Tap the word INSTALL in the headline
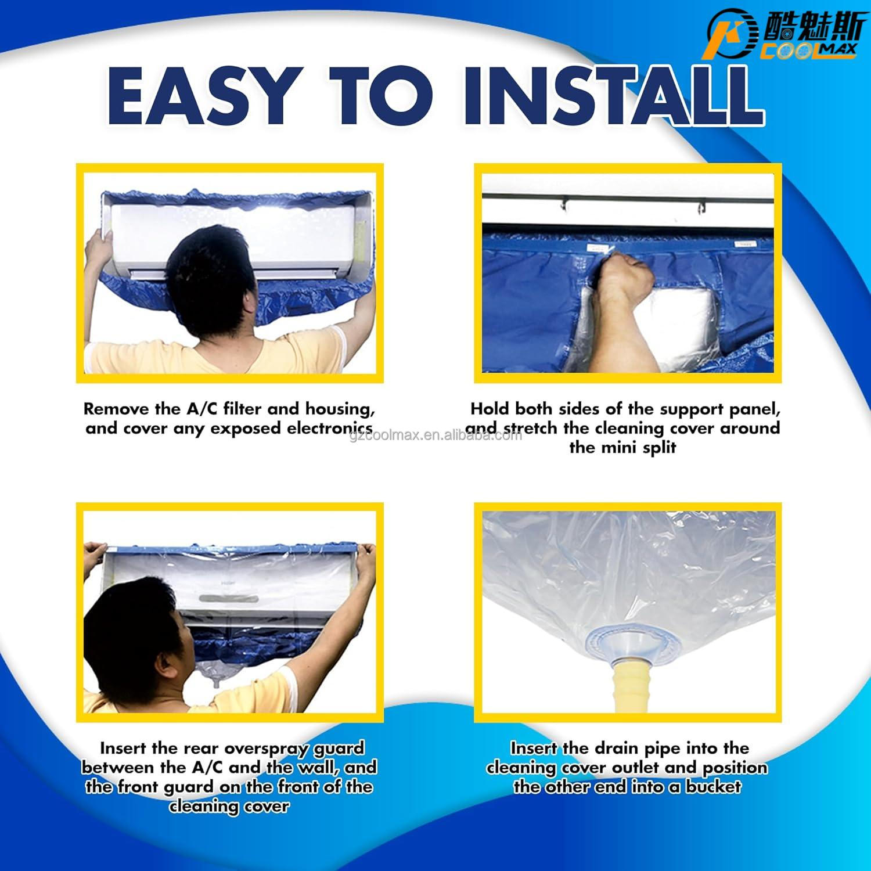coord(612,96)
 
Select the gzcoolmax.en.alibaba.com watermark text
coord(435,435)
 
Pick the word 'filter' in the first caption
coord(242,409)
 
